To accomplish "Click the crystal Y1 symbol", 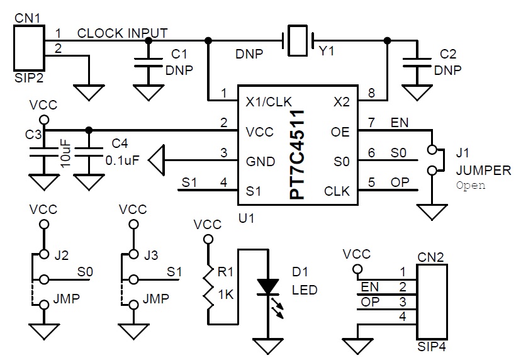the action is click(x=298, y=40).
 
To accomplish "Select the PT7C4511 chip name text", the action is click(x=297, y=155).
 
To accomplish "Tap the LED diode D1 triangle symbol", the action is click(x=268, y=286).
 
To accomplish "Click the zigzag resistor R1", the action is click(x=208, y=286).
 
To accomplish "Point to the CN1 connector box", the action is click(x=29, y=48).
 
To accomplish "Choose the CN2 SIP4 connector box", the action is click(x=432, y=301).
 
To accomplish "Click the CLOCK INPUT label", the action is click(x=123, y=33).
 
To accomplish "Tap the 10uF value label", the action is click(x=66, y=154).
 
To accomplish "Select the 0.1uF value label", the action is click(x=123, y=160).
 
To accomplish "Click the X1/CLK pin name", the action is click(x=269, y=102).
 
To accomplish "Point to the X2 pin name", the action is click(x=341, y=102).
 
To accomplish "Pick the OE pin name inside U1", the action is click(x=340, y=132).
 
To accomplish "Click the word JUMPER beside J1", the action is click(x=483, y=171).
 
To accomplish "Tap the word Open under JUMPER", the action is click(x=471, y=185).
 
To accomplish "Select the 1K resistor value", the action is click(x=226, y=295).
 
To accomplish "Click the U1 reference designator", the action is click(x=246, y=218).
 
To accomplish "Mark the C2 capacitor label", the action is click(x=448, y=54).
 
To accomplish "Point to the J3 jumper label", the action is click(x=151, y=255).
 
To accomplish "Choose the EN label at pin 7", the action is click(x=400, y=123).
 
